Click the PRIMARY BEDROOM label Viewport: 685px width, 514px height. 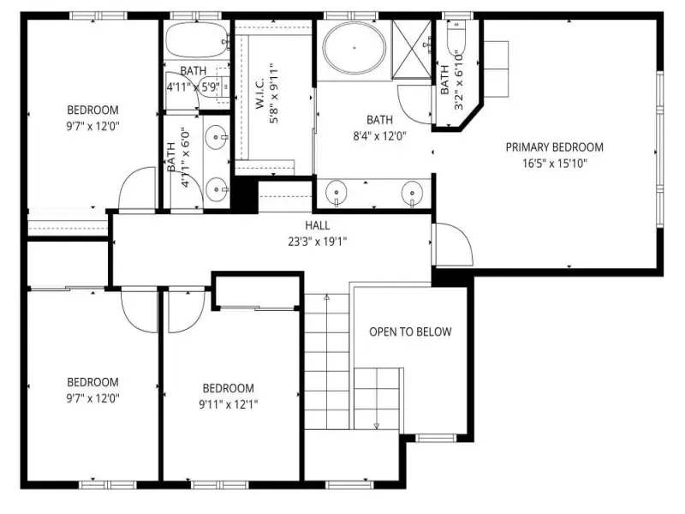(554, 147)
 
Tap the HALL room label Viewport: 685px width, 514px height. (317, 225)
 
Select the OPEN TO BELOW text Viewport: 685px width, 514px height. (410, 332)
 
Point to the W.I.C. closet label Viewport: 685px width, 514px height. (259, 93)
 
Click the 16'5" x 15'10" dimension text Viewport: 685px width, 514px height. (554, 164)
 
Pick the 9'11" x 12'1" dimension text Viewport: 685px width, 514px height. (228, 404)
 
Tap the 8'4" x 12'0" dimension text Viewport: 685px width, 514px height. (379, 136)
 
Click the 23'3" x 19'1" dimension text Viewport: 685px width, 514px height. (317, 242)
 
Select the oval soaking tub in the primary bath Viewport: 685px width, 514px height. (354, 48)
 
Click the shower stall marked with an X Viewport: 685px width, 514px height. (412, 50)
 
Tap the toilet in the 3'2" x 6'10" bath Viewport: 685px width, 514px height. (456, 35)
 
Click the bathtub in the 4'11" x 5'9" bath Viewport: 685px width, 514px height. (197, 39)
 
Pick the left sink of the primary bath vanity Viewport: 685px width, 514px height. (336, 192)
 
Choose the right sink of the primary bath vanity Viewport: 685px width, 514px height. (412, 192)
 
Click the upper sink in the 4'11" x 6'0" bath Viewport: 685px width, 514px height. (217, 137)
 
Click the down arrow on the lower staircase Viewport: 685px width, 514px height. (377, 426)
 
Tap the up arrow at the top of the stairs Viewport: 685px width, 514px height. (327, 297)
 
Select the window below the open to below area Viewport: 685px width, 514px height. (435, 438)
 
